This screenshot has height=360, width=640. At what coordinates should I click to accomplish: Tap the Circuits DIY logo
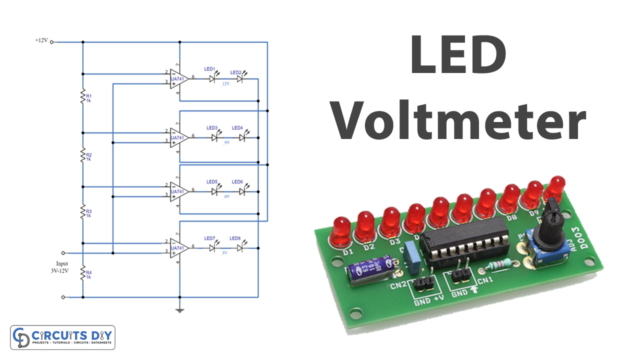click(x=65, y=337)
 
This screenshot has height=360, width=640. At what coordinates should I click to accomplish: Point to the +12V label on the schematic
click(x=40, y=42)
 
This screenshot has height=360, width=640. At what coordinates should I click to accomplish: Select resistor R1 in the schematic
click(x=84, y=97)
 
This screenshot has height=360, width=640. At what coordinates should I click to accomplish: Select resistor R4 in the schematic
click(x=84, y=271)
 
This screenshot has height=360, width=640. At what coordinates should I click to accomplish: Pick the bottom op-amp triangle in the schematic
click(x=177, y=246)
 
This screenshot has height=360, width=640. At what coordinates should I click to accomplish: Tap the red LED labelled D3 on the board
click(x=391, y=221)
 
